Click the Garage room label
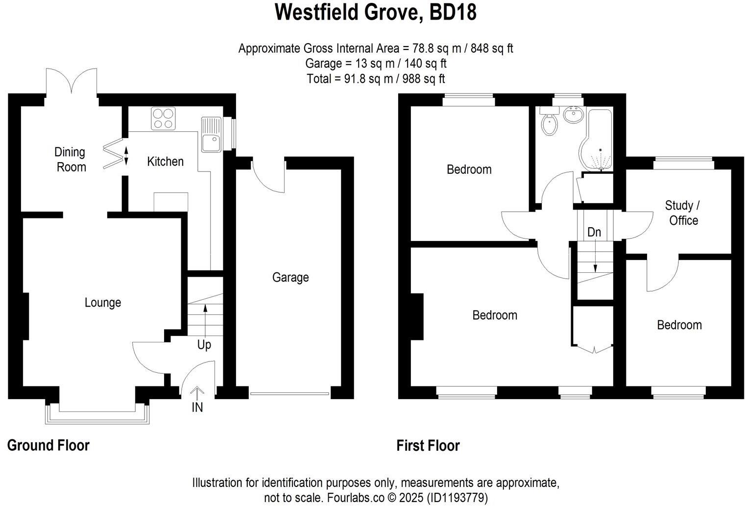pyautogui.click(x=290, y=277)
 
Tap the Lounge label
pyautogui.click(x=103, y=303)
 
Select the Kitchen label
pyautogui.click(x=165, y=162)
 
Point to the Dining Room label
pyautogui.click(x=70, y=159)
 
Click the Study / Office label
pyautogui.click(x=683, y=213)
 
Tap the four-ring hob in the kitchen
pyautogui.click(x=163, y=119)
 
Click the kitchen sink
pyautogui.click(x=211, y=134)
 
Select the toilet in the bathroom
pyautogui.click(x=550, y=121)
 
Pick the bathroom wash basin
pyautogui.click(x=574, y=115)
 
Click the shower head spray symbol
pyautogui.click(x=601, y=160)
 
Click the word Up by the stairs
pyautogui.click(x=204, y=345)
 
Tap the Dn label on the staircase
pyautogui.click(x=594, y=232)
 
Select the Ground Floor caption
pyautogui.click(x=48, y=445)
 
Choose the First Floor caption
pyautogui.click(x=428, y=445)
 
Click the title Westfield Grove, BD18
pyautogui.click(x=376, y=12)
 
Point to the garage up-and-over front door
pyautogui.click(x=289, y=394)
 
